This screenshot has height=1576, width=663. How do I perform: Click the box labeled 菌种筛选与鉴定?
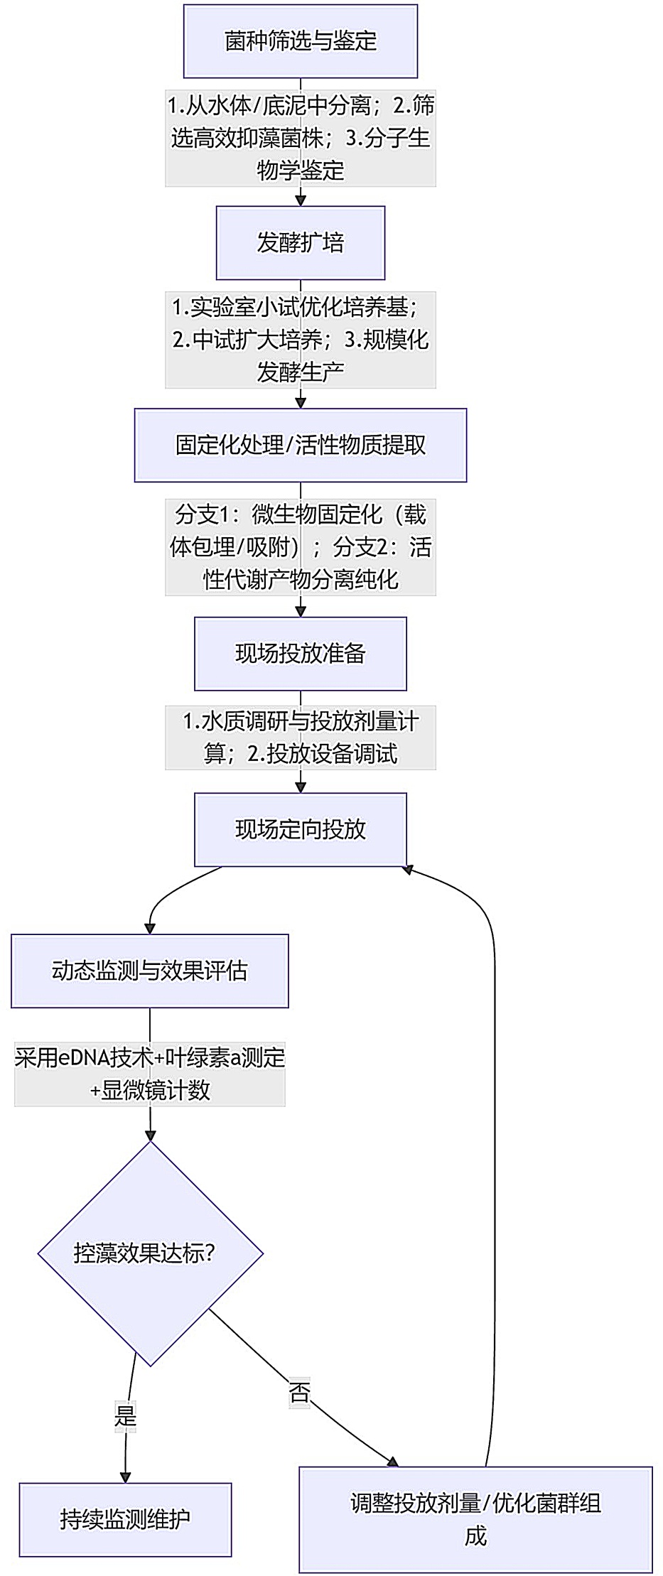click(300, 41)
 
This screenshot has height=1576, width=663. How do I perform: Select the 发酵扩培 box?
click(300, 243)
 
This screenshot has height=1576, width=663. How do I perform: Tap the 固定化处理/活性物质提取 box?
click(300, 445)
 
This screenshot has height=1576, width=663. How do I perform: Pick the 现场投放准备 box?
click(300, 654)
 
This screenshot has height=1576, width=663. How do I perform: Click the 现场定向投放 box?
click(300, 829)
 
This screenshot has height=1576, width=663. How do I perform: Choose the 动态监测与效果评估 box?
click(149, 971)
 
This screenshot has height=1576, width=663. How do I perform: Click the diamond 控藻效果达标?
click(150, 1253)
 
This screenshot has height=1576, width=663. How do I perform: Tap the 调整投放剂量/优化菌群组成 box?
click(475, 1519)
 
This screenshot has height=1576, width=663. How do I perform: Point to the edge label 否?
click(299, 1392)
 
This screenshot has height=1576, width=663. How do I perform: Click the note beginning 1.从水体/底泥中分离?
click(300, 138)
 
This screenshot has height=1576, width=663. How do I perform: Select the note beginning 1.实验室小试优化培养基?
click(300, 340)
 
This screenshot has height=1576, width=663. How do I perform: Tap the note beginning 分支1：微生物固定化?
click(300, 547)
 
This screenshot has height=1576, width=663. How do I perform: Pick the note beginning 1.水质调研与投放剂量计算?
click(300, 738)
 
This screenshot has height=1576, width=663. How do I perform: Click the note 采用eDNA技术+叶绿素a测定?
click(149, 1074)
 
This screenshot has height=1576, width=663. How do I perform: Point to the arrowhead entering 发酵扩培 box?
click(300, 201)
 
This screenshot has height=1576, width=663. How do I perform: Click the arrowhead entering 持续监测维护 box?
click(125, 1477)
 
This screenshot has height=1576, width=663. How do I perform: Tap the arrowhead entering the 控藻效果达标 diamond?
click(150, 1135)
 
